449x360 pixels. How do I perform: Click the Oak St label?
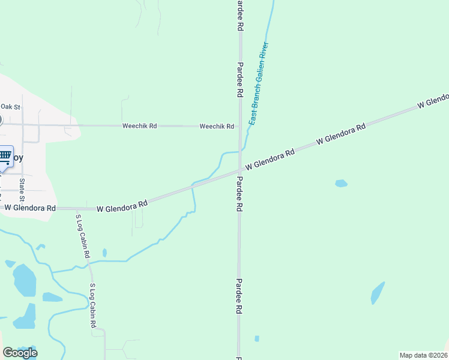click(11, 107)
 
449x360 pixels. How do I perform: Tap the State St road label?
click(22, 190)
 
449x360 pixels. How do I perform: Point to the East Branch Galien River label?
click(259, 83)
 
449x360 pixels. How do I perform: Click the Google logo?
click(20, 353)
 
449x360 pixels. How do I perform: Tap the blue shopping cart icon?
click(5, 157)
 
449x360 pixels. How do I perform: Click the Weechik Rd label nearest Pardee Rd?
click(217, 126)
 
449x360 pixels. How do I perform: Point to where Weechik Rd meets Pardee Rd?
click(240, 127)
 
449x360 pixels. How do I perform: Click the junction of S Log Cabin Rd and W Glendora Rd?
click(76, 209)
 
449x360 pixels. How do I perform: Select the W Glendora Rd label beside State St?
click(30, 208)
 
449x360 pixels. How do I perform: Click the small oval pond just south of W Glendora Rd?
click(341, 183)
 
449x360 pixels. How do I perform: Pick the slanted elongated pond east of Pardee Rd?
click(378, 293)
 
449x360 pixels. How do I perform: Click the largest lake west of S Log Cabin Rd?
click(24, 280)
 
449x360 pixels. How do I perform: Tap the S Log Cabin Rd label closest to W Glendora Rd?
click(83, 236)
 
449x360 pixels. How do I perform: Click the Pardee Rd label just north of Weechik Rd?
click(240, 80)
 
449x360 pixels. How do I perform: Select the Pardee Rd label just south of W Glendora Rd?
click(239, 194)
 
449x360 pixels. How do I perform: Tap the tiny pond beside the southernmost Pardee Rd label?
click(257, 338)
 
